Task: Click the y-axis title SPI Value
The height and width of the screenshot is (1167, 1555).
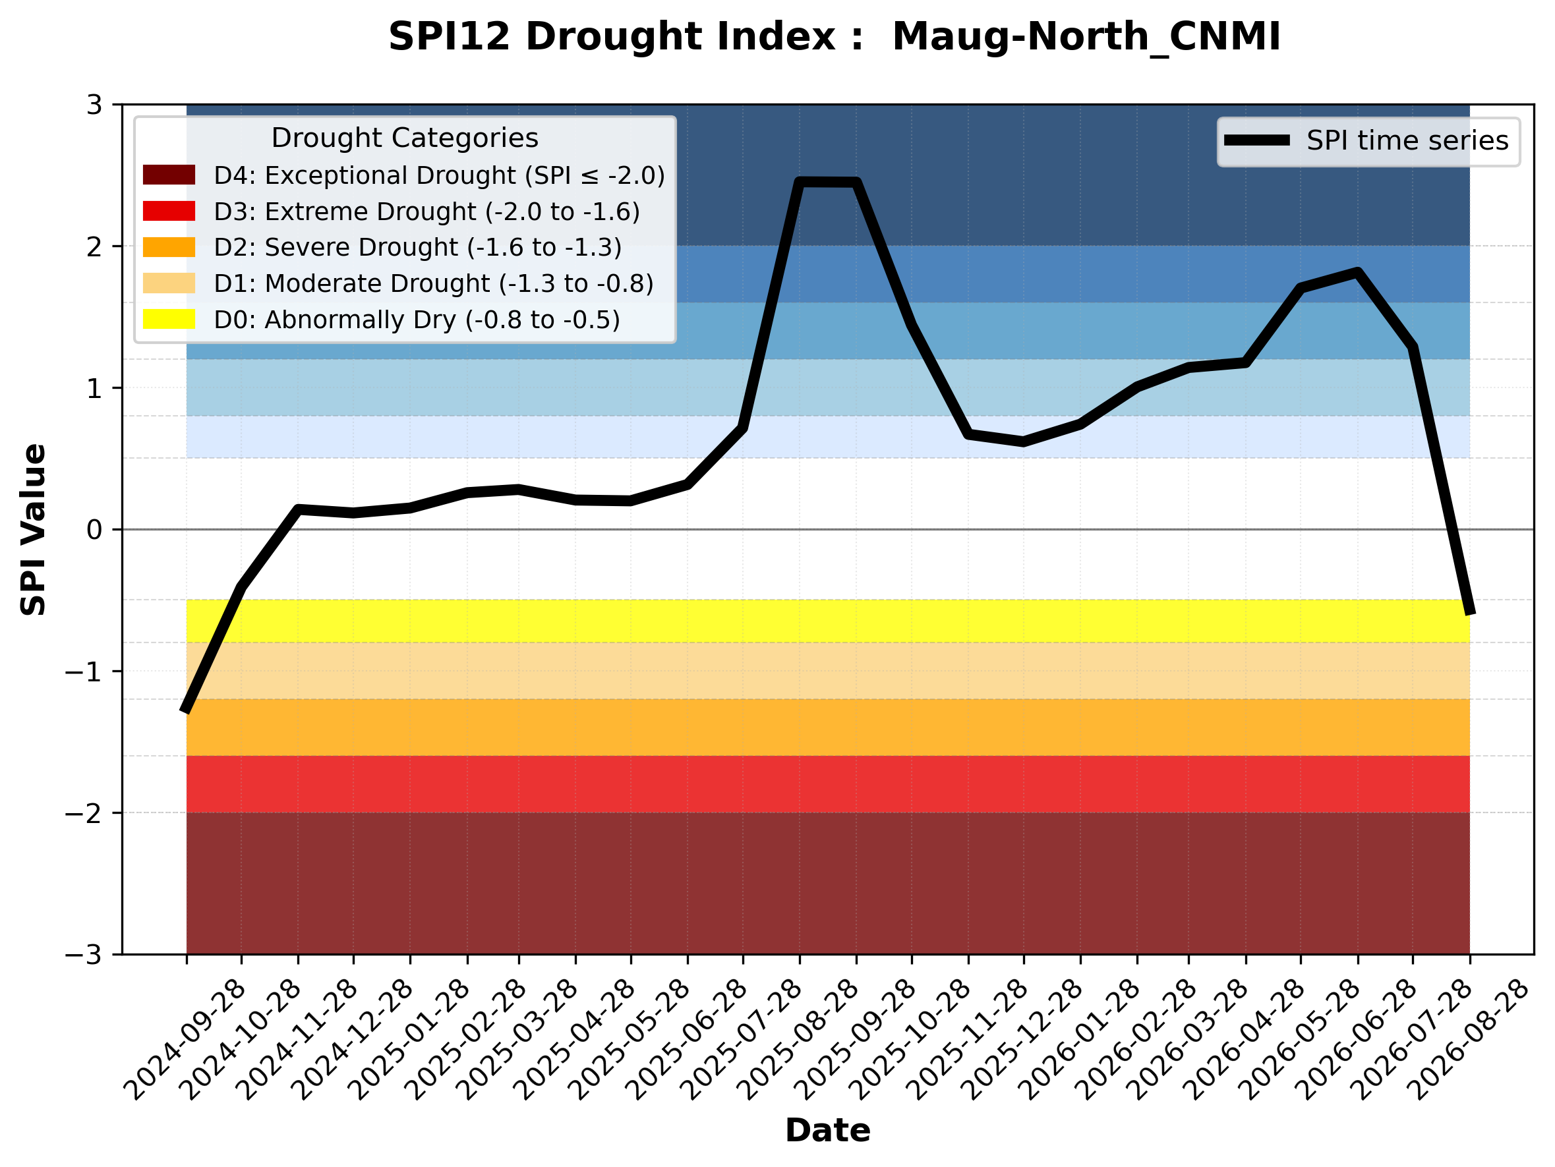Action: (33, 529)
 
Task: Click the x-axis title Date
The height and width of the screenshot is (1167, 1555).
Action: (827, 1131)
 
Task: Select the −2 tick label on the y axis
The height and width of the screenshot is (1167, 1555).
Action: (84, 813)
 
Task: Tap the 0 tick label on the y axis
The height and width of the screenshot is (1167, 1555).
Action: (95, 529)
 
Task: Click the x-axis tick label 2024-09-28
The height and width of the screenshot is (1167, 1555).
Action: (184, 1039)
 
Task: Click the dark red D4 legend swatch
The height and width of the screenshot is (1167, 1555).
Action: (169, 175)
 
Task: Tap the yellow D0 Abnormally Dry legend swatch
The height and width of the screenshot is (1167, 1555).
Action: (169, 319)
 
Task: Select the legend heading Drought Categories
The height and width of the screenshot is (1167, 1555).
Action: (405, 138)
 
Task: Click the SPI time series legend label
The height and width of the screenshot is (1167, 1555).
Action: (1407, 140)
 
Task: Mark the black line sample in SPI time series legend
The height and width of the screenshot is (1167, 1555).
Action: (1257, 140)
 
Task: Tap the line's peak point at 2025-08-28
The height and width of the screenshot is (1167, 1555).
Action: (800, 182)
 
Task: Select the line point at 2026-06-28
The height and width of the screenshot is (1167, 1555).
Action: (1358, 273)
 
